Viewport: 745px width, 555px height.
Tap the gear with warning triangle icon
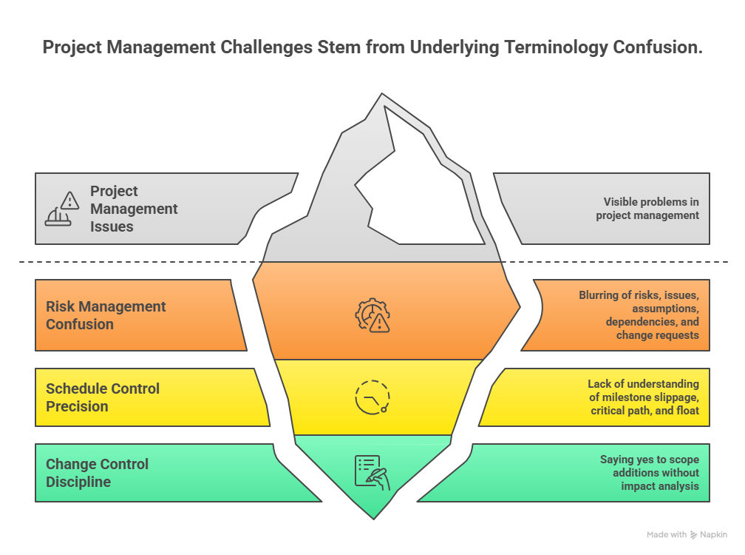pos(372,315)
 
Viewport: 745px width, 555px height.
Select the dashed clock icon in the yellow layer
pos(372,397)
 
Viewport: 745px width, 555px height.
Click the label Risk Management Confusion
pos(106,315)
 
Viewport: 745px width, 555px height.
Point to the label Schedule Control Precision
pos(103,397)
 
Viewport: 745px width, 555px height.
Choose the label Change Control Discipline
pos(97,473)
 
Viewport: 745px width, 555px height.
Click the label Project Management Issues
pos(134,209)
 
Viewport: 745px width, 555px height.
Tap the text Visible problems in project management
pos(647,209)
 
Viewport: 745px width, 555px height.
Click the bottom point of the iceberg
pos(374,517)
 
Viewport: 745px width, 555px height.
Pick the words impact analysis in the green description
pos(660,486)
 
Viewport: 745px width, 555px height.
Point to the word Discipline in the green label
pos(78,482)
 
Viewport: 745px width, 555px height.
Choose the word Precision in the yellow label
pos(77,406)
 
